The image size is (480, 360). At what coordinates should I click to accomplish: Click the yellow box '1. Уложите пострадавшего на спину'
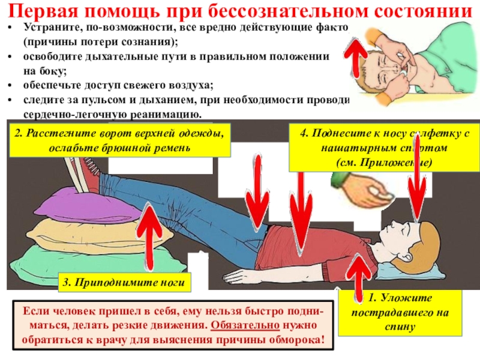click(x=401, y=313)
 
